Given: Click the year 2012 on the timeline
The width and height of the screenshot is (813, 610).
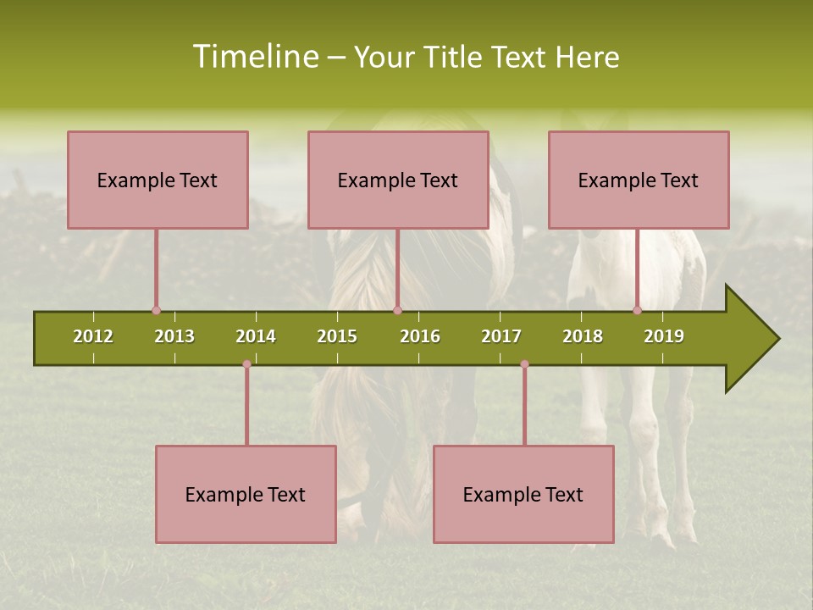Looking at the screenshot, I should [93, 336].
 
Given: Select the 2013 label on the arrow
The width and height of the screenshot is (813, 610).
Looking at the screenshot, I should [174, 336].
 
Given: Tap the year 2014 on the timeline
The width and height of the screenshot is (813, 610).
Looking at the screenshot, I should [256, 336].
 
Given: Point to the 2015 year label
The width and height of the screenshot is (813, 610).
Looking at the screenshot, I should [337, 336].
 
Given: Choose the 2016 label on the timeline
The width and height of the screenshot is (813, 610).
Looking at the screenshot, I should [420, 336].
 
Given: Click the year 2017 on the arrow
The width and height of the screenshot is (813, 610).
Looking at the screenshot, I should [501, 336].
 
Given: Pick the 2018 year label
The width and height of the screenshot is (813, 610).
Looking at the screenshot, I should [583, 336].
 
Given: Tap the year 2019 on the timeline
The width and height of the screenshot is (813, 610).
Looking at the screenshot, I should [664, 336].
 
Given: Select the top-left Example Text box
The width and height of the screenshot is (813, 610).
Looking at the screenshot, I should [158, 180].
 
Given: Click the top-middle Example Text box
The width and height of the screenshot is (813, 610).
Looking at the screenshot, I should [398, 180].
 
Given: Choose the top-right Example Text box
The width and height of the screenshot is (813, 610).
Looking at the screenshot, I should [639, 180].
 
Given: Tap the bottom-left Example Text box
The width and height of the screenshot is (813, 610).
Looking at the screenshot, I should [246, 494].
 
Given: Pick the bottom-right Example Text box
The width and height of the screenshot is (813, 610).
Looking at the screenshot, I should [523, 494].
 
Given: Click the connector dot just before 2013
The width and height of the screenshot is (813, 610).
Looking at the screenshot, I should [156, 311].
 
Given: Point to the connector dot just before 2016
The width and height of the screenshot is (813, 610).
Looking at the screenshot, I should [397, 311].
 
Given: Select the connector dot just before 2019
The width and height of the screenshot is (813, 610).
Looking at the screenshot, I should [637, 311].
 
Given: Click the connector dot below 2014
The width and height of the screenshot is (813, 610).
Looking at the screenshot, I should [246, 364].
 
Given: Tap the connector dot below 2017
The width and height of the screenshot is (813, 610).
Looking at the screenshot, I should [524, 364].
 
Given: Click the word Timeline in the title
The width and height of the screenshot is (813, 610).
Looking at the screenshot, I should [255, 57].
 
